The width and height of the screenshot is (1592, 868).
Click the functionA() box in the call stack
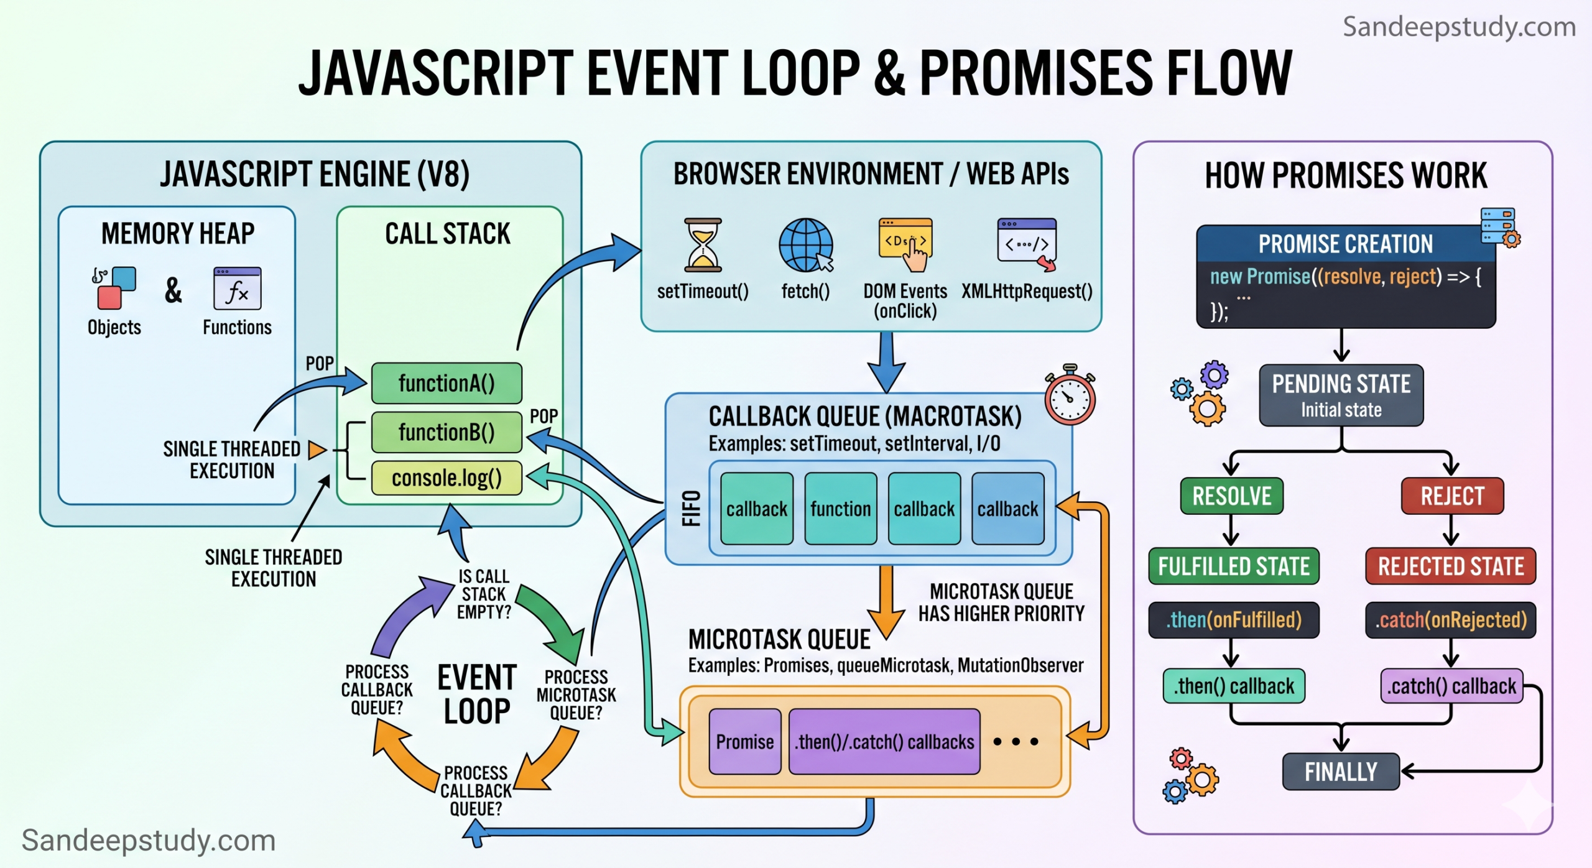tap(447, 384)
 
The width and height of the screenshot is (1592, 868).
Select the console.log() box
tap(447, 478)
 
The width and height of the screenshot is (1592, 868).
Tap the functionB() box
tap(447, 432)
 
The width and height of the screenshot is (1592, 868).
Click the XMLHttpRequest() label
tap(1027, 291)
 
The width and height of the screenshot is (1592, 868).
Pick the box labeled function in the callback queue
tap(840, 509)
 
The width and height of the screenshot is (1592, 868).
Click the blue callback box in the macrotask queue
tap(1007, 509)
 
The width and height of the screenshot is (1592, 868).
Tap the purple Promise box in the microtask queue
tap(744, 741)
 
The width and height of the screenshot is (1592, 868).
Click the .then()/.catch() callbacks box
tap(884, 741)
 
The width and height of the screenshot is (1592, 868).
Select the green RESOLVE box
tap(1231, 496)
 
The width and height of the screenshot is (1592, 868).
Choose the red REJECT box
tap(1452, 496)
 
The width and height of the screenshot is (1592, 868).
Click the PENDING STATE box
tap(1341, 395)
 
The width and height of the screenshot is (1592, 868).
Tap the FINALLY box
tap(1340, 772)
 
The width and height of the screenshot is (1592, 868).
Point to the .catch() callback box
tap(1451, 686)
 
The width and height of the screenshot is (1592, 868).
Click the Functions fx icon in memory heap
tap(237, 289)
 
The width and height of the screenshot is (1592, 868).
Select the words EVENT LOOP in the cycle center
tap(477, 694)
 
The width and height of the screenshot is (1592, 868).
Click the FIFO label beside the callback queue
tap(692, 508)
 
